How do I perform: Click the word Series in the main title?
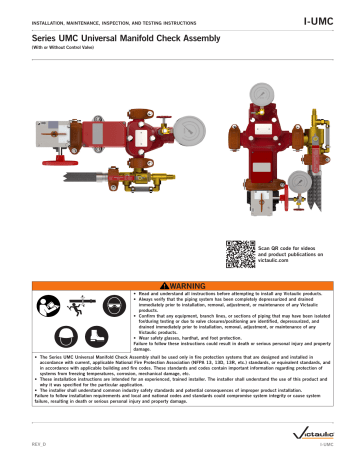tap(35, 37)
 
